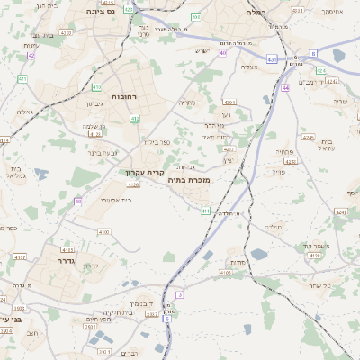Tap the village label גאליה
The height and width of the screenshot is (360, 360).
[x=24, y=112]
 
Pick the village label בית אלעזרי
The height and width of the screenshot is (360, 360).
[x=115, y=200]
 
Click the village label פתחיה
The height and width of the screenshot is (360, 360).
[x=284, y=152]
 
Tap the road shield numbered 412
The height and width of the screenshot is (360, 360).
[x=135, y=118]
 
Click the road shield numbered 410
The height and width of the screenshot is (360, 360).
[x=96, y=87]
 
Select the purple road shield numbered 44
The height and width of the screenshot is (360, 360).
[x=284, y=87]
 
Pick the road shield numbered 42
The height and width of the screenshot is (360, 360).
[x=31, y=55]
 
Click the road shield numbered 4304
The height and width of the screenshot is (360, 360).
[x=230, y=103]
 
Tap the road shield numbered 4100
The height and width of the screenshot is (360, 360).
[x=104, y=232]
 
